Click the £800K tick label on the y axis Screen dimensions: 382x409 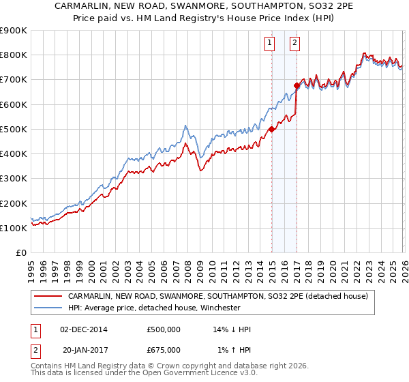pos(13,55)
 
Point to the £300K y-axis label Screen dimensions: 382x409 pos(13,178)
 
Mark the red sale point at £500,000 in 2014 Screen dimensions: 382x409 pos(271,129)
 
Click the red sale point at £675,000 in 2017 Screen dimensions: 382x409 pos(297,86)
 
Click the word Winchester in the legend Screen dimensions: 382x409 pos(218,308)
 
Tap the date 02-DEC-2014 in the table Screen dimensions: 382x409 pos(84,329)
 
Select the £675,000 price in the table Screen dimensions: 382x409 pos(164,349)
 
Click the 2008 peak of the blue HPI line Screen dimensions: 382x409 pos(185,126)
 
